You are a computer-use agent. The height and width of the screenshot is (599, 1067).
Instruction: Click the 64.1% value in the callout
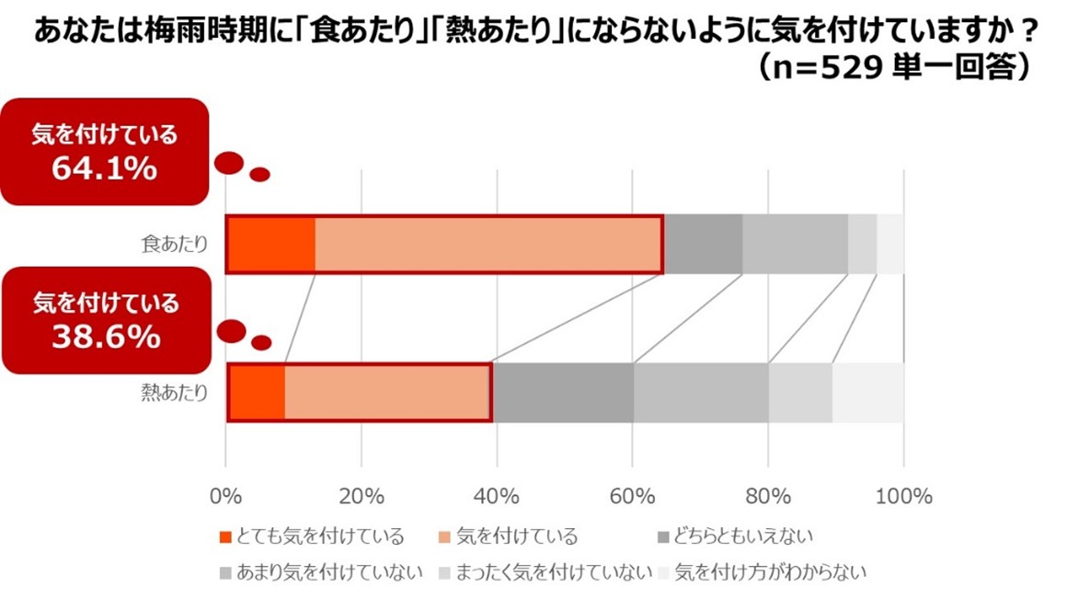104,169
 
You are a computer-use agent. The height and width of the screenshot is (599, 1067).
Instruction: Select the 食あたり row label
175,245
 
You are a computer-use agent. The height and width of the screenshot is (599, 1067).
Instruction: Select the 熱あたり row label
175,393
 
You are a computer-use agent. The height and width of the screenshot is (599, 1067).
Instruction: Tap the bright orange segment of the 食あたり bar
271,245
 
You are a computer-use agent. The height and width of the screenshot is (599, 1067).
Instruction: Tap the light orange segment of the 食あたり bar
488,245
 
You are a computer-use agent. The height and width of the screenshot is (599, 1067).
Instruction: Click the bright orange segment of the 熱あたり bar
257,393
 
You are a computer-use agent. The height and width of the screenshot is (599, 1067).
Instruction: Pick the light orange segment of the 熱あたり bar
386,393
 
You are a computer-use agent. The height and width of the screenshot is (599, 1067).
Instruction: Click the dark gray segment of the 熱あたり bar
563,393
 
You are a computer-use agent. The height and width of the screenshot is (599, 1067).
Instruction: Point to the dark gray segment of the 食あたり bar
703,245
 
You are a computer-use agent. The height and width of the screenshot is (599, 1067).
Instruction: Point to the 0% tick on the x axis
225,497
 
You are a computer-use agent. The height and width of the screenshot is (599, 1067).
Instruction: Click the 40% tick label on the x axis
497,497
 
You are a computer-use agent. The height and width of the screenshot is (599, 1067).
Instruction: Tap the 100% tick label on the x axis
903,497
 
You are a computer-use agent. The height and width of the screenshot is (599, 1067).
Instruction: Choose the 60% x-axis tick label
632,497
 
